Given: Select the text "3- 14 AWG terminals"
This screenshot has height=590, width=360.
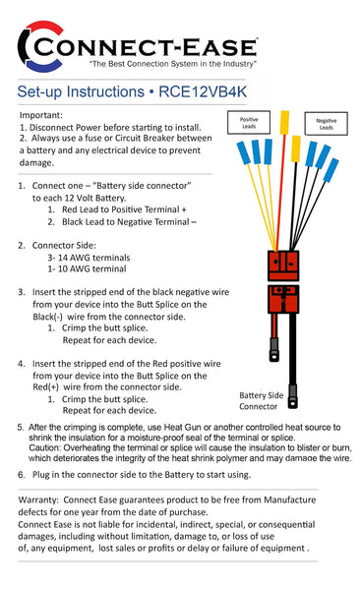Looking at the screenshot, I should click(x=90, y=256).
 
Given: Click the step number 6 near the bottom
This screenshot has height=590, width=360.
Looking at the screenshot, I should click(x=22, y=474).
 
